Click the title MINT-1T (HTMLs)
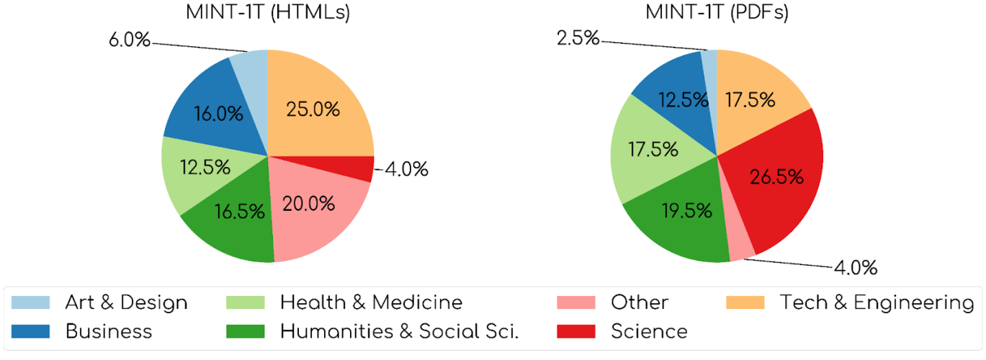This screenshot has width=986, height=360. pos(267,13)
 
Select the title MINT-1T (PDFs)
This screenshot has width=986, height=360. pos(717,13)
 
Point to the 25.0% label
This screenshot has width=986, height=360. pos(313,109)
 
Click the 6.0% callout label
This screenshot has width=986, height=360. pos(130,40)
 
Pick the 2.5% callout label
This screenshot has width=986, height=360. pos(578,37)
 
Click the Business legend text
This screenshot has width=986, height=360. pos(109,331)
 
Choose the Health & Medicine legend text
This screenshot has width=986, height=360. pos(371,302)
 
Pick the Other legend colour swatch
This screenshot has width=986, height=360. pos(576,302)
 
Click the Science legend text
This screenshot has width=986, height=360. pos(649,331)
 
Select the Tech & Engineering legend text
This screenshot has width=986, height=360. pos(877,302)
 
